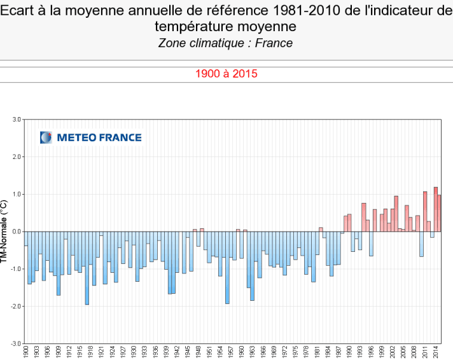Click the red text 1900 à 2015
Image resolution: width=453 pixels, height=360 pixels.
coord(226,74)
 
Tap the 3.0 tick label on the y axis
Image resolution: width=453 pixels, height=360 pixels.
coord(17,119)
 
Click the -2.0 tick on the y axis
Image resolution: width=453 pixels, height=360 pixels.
coord(16,306)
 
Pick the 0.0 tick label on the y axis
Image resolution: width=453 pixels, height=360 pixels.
coord(17,232)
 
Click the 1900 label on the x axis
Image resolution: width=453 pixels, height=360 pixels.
coord(26,352)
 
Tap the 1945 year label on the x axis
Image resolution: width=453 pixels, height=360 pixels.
coord(188,352)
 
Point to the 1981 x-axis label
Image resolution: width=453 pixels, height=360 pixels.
coord(317,352)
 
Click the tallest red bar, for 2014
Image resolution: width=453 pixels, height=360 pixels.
coord(435,209)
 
